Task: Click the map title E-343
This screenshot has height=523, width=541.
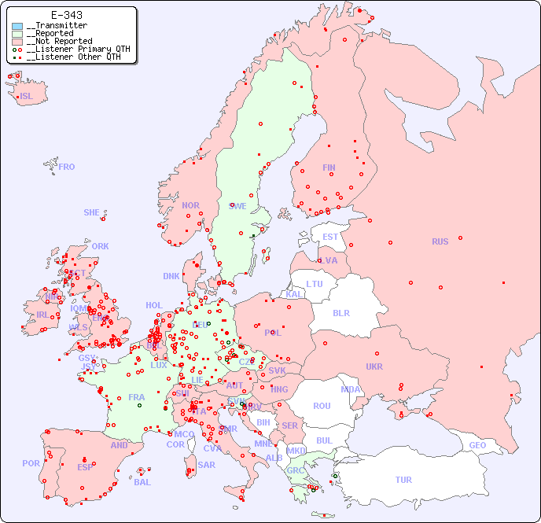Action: pyautogui.click(x=67, y=15)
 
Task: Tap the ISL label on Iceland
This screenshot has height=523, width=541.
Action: pyautogui.click(x=26, y=97)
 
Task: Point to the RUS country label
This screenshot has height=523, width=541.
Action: pyautogui.click(x=440, y=241)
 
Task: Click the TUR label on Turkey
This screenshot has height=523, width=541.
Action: pyautogui.click(x=403, y=480)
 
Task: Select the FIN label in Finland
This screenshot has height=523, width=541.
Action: pyautogui.click(x=329, y=168)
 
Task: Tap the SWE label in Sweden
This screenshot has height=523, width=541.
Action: pyautogui.click(x=237, y=206)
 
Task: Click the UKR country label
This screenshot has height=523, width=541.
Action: pyautogui.click(x=374, y=366)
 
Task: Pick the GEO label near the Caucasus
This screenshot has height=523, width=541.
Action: pyautogui.click(x=477, y=445)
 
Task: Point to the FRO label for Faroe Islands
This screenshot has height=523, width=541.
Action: pyautogui.click(x=67, y=167)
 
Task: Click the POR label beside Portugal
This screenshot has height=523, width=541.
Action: pyautogui.click(x=31, y=463)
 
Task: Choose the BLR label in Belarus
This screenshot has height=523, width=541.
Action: pyautogui.click(x=340, y=312)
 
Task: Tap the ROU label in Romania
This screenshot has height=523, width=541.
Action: pyautogui.click(x=322, y=406)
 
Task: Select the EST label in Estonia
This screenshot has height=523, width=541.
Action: pyautogui.click(x=330, y=237)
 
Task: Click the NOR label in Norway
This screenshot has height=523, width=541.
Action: pyautogui.click(x=190, y=205)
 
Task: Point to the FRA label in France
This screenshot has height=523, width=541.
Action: pyautogui.click(x=136, y=397)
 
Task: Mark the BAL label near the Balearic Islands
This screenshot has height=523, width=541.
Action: pyautogui.click(x=142, y=482)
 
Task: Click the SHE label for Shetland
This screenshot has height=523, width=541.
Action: pyautogui.click(x=92, y=212)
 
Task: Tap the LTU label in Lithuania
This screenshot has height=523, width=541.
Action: pyautogui.click(x=315, y=284)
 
